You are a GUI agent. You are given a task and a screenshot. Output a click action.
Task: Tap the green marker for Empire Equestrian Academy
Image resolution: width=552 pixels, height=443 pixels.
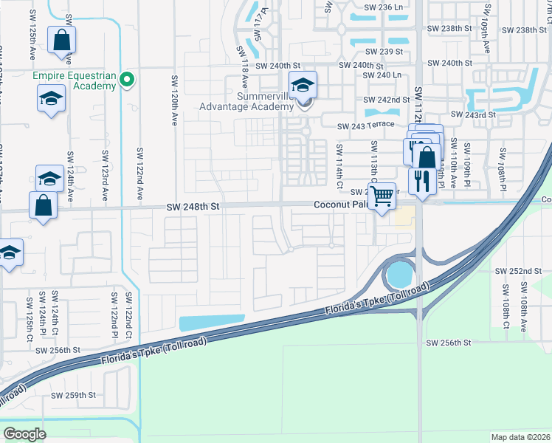[127, 78]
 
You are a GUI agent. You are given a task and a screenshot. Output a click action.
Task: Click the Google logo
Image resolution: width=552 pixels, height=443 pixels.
[25, 434]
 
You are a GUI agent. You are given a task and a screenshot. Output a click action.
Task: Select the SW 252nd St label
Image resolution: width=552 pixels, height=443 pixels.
[520, 272]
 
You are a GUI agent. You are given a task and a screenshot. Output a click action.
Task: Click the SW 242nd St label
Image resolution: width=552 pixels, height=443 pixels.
[387, 100]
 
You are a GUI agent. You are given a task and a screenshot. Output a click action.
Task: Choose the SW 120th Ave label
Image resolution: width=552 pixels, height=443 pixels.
[174, 99]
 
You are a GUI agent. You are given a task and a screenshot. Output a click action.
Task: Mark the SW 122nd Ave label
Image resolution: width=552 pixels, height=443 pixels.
[139, 174]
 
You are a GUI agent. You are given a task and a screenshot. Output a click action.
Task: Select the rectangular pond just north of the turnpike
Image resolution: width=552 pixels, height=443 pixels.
[212, 323]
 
